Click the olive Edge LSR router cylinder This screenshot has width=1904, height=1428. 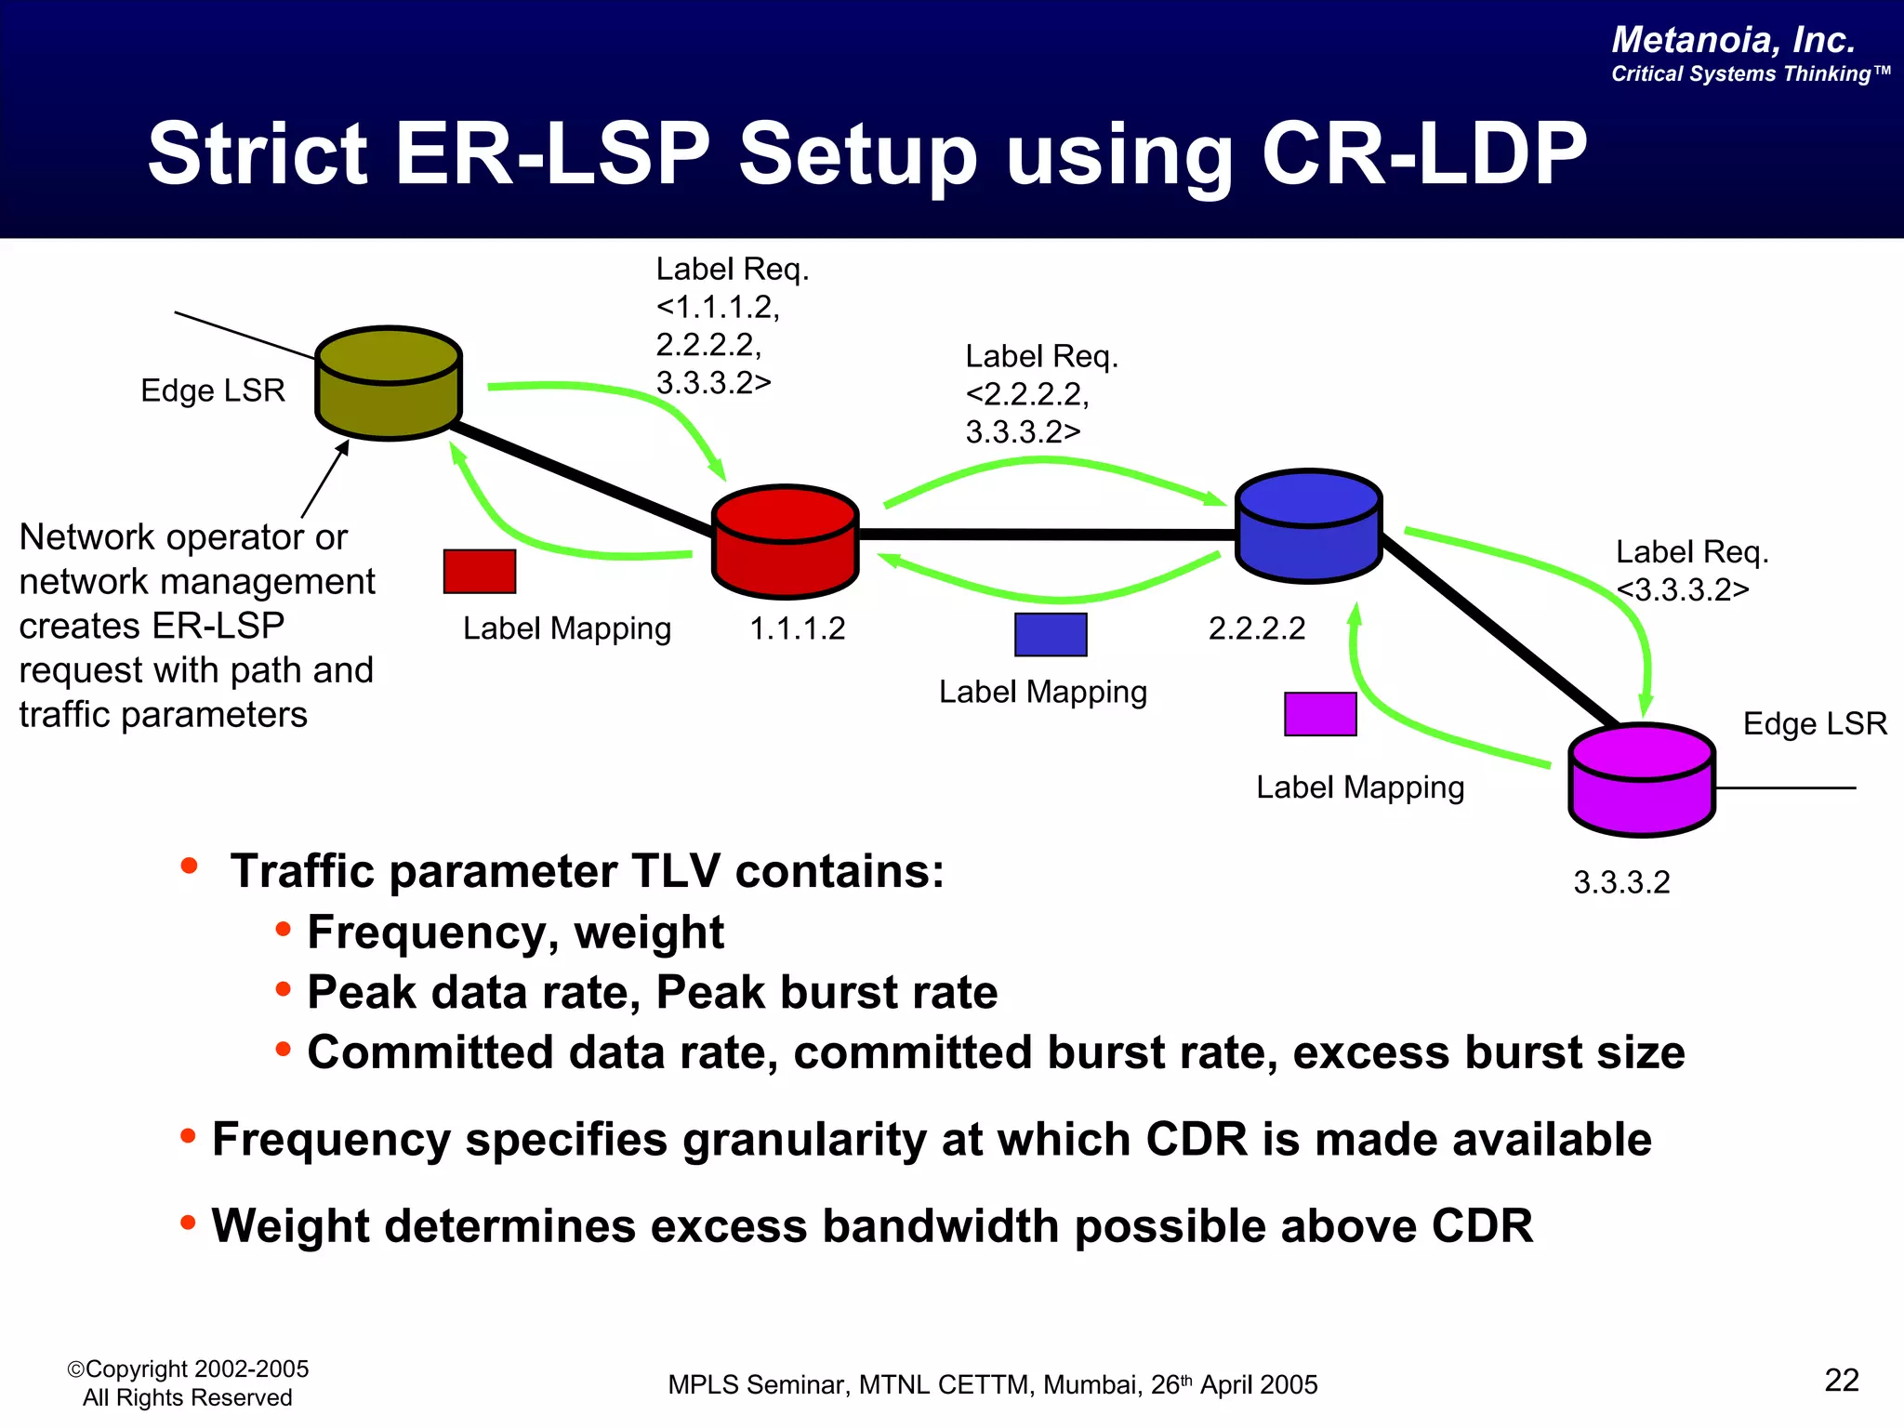click(389, 383)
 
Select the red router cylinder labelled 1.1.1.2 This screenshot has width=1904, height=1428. click(785, 542)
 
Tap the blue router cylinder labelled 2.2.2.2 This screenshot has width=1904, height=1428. click(1308, 526)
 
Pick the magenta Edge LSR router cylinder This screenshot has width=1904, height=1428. click(1641, 780)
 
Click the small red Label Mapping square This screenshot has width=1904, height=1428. click(480, 571)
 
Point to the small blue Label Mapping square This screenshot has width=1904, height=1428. click(1051, 634)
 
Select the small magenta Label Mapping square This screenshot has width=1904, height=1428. click(1320, 714)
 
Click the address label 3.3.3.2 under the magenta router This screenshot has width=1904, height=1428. click(1621, 882)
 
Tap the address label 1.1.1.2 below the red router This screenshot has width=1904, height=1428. click(798, 629)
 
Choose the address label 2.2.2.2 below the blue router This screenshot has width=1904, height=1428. click(1257, 629)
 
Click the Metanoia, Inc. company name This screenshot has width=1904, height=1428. click(1733, 40)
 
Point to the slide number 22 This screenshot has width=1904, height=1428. click(1841, 1381)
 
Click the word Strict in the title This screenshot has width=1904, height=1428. click(258, 154)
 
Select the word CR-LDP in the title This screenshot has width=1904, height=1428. click(1423, 154)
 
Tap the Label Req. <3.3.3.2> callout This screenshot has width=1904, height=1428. click(1690, 571)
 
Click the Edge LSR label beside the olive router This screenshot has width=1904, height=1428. click(212, 390)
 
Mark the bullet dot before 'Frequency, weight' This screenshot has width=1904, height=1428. click(284, 929)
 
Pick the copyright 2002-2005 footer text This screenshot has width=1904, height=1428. click(188, 1369)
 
